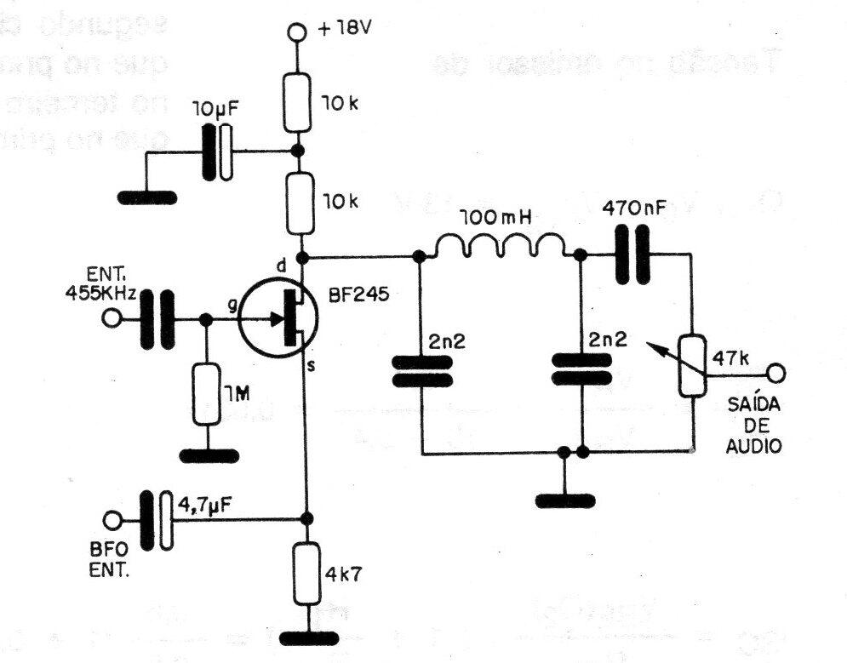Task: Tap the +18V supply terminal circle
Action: (x=297, y=33)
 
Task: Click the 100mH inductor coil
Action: (x=500, y=248)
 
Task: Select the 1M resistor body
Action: (x=206, y=394)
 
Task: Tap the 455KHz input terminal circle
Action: (x=111, y=320)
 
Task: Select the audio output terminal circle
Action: (x=776, y=372)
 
